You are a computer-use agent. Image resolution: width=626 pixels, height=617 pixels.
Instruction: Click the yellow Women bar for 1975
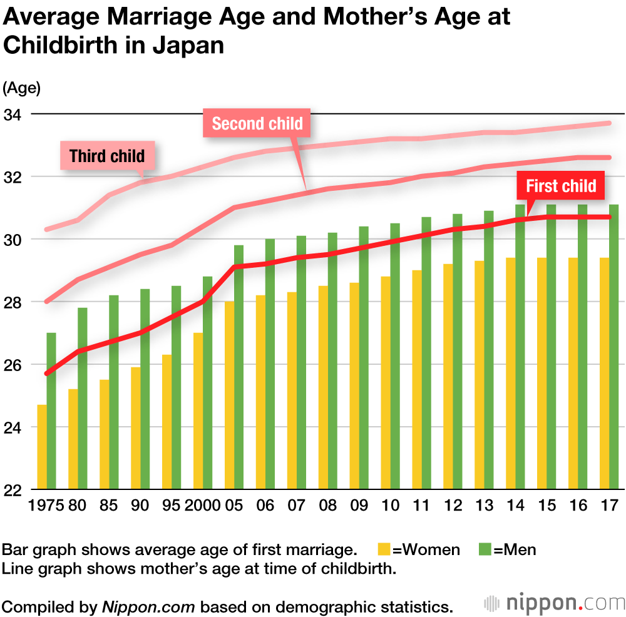(42, 447)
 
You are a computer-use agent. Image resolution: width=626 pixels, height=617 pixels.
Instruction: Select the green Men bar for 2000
(208, 382)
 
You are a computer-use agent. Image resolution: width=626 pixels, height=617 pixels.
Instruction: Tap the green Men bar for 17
(614, 347)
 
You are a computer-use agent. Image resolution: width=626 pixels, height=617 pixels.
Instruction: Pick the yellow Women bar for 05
(229, 395)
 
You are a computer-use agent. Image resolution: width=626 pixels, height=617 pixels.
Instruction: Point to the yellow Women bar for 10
(386, 382)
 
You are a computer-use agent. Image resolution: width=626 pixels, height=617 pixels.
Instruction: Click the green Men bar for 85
(114, 392)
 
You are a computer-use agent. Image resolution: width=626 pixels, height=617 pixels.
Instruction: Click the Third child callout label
(107, 156)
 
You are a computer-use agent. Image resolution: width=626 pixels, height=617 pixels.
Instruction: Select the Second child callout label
(257, 123)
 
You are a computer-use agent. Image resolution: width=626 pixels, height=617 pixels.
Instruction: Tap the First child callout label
(561, 186)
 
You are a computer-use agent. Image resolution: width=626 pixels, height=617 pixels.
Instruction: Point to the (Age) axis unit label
(22, 88)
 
